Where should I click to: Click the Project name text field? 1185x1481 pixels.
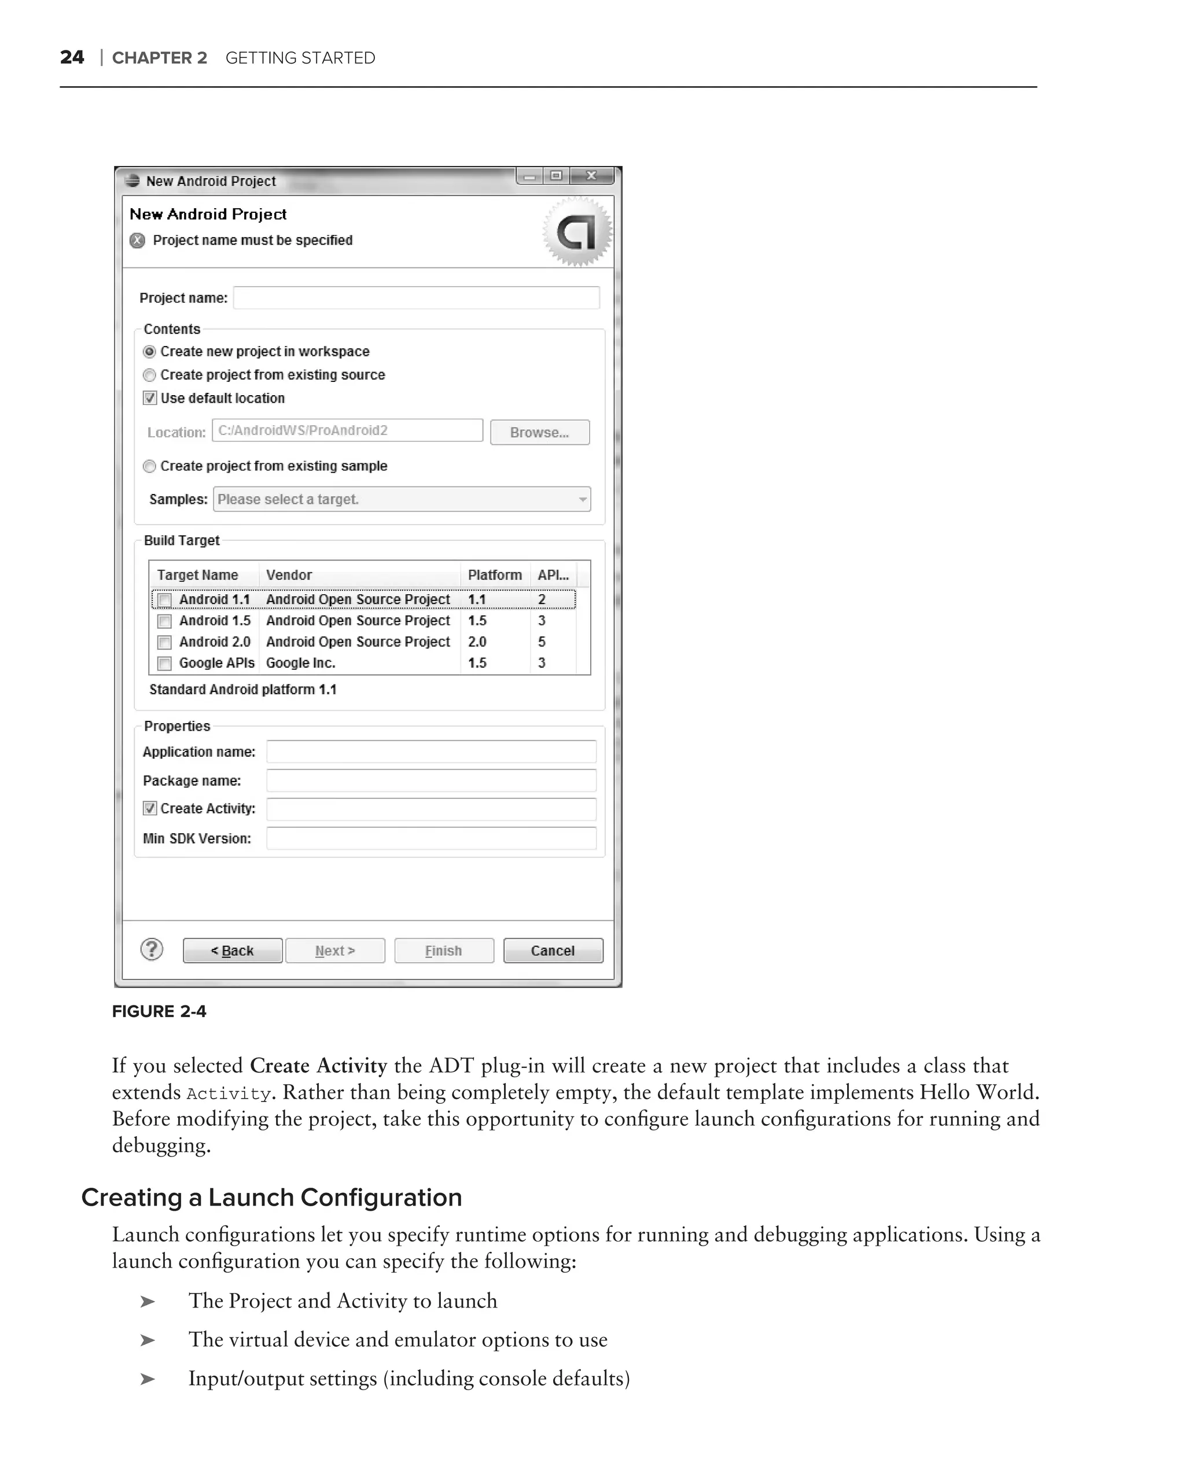[415, 298]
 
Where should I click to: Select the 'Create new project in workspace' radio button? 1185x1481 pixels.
[149, 352]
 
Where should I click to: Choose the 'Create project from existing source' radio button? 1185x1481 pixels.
[149, 375]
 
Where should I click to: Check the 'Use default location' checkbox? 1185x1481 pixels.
[150, 399]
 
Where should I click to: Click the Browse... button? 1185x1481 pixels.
[539, 433]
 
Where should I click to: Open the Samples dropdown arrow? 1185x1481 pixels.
[583, 499]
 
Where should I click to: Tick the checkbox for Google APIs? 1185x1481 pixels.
[164, 664]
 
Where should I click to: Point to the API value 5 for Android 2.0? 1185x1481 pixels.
[542, 642]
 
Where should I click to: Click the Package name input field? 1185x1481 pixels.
[430, 781]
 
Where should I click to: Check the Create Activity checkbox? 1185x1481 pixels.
[150, 809]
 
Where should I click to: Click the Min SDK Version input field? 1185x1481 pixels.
[430, 839]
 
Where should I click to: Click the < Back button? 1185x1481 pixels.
[232, 951]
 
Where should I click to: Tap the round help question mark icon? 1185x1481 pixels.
[152, 949]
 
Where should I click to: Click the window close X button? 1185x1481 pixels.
[591, 176]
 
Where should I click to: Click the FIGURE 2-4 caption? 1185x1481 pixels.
[159, 1012]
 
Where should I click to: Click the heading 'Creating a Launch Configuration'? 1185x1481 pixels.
[271, 1198]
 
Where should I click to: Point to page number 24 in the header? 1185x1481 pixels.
[72, 58]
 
